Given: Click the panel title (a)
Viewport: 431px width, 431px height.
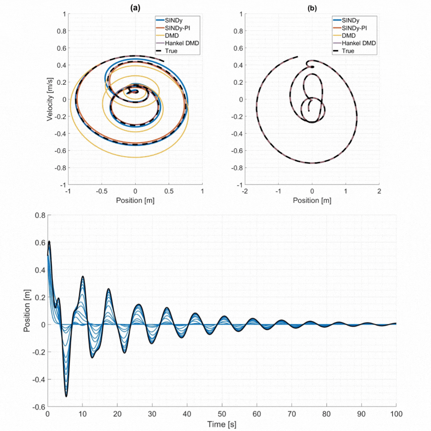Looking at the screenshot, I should coord(135,7).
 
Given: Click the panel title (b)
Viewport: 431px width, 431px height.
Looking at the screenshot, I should coord(311,7).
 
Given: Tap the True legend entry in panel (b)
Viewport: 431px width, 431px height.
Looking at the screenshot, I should coord(348,51).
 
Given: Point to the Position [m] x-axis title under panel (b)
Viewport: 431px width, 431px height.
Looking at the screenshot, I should coord(311,201).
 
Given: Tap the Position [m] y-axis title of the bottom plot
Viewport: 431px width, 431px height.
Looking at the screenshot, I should coord(26,311).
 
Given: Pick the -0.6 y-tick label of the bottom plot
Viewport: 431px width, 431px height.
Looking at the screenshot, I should coord(37,407).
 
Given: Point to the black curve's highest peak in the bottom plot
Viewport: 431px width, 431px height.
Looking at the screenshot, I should coord(49,241).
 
